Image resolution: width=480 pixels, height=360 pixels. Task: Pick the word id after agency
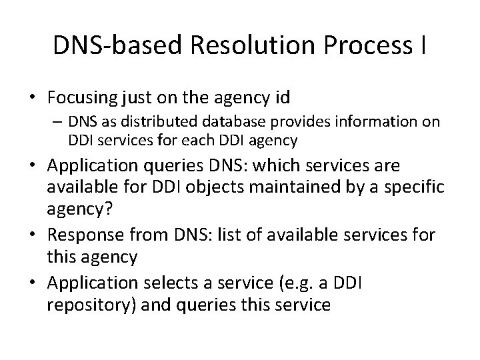click(x=281, y=98)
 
